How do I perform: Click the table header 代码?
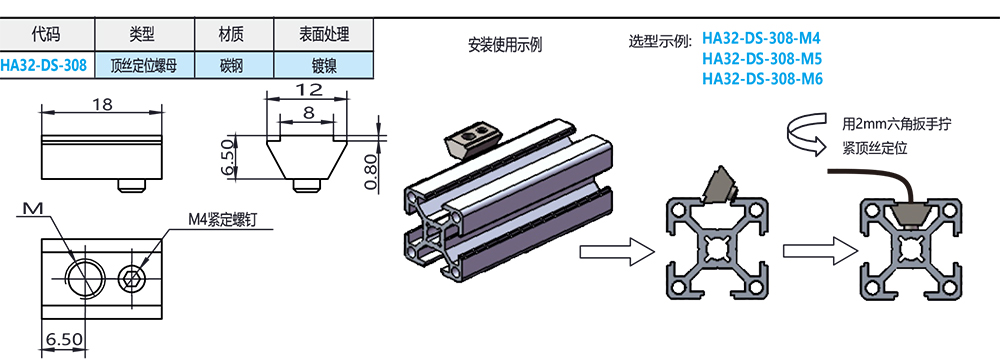click(x=48, y=34)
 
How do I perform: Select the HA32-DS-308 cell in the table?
click(x=44, y=65)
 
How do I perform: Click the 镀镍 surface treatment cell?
click(x=324, y=65)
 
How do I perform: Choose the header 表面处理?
click(x=324, y=34)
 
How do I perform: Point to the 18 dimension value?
click(x=102, y=103)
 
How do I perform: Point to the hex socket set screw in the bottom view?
click(x=132, y=278)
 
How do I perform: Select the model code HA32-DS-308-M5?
click(x=761, y=59)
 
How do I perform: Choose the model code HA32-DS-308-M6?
click(x=762, y=79)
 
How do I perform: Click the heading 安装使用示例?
click(x=504, y=45)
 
